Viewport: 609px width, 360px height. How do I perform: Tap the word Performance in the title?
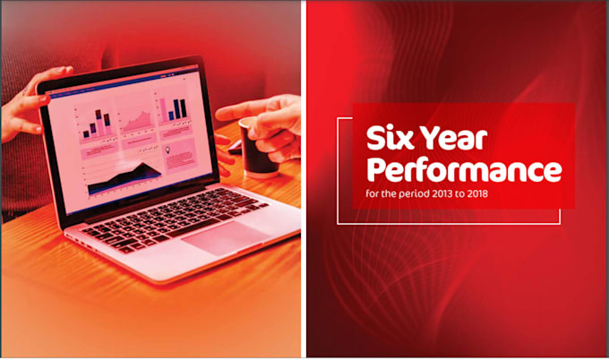click(464, 170)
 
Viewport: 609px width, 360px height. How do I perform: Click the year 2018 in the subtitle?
click(477, 193)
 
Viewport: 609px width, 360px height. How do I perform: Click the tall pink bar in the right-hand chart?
click(163, 110)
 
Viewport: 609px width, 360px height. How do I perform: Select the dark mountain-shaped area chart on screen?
click(124, 179)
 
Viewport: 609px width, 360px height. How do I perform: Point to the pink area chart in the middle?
click(136, 122)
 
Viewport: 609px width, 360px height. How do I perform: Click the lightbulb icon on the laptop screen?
click(167, 150)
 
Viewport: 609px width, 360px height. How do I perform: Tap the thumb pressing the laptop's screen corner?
click(41, 99)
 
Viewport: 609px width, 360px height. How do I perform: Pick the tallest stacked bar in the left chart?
click(99, 123)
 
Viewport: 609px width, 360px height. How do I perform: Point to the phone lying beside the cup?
click(236, 149)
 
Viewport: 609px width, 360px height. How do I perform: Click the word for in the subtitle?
click(372, 193)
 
